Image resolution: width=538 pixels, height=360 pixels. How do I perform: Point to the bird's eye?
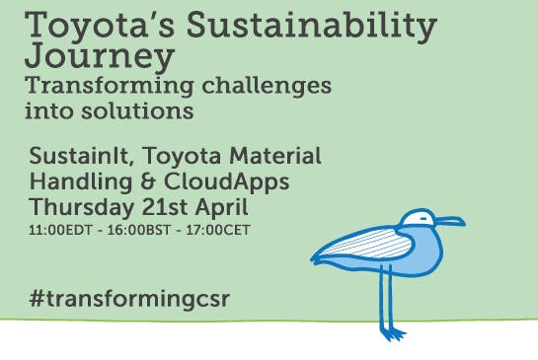422,218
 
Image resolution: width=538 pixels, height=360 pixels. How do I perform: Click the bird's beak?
450,221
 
